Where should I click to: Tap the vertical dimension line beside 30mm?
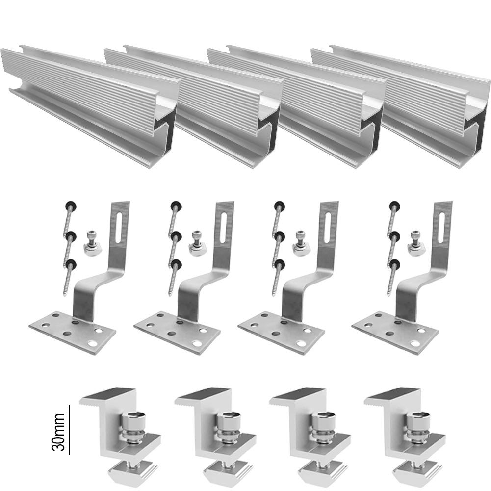point(69,430)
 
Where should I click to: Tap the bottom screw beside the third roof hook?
point(278,277)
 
